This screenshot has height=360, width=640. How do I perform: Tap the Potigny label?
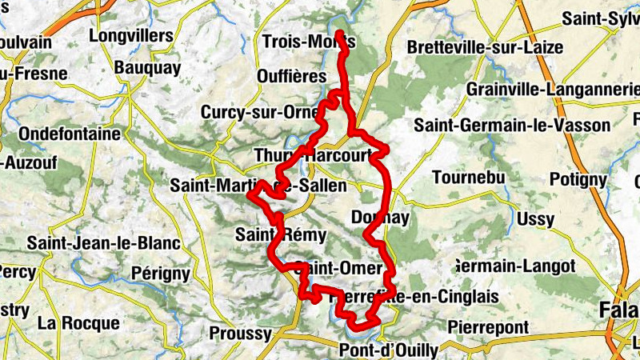click(x=578, y=178)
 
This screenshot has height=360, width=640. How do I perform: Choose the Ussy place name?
click(x=536, y=218)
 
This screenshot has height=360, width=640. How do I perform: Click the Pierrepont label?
click(x=488, y=327)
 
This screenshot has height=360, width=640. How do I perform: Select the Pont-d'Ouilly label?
click(x=389, y=350)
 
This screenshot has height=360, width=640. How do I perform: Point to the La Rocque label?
click(x=78, y=323)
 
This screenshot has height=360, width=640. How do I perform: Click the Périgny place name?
click(x=161, y=274)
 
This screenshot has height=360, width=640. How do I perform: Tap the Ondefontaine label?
click(x=68, y=133)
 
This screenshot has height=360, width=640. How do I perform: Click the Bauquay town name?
click(x=148, y=68)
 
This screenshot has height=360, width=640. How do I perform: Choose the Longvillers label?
click(x=131, y=36)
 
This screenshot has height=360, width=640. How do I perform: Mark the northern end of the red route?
click(x=340, y=33)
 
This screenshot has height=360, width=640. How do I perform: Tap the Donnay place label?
click(x=380, y=217)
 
